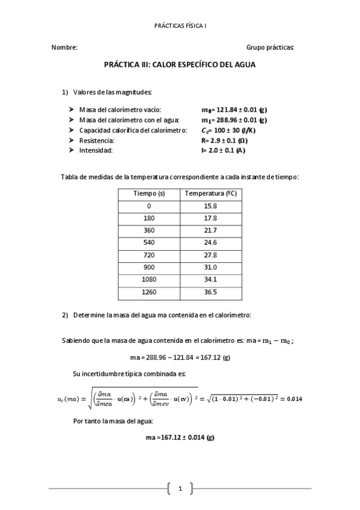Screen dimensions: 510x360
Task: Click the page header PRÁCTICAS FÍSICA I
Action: tap(180, 26)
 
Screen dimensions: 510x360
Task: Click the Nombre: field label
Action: tap(64, 47)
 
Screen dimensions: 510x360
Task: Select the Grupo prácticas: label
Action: tap(270, 47)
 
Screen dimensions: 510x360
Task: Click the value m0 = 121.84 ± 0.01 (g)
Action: tap(234, 110)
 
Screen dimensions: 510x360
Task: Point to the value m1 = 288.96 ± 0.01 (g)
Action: tap(234, 120)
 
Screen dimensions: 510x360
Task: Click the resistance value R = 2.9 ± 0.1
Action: tap(225, 141)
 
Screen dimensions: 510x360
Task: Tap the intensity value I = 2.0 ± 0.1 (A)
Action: tap(224, 150)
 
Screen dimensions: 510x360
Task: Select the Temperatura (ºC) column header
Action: tap(210, 194)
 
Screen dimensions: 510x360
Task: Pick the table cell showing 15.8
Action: tap(210, 206)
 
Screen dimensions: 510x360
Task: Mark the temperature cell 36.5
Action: tap(210, 292)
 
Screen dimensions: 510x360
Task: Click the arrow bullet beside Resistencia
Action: tap(72, 141)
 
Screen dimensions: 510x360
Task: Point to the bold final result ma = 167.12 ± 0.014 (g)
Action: tap(180, 437)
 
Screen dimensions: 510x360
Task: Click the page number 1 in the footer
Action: tap(180, 488)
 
